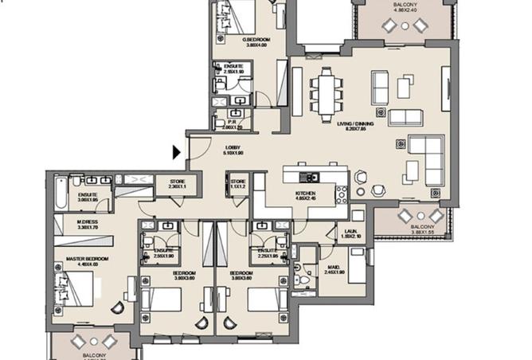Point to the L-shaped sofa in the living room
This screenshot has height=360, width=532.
[x=428, y=158]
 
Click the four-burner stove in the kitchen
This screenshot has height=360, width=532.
[x=342, y=194]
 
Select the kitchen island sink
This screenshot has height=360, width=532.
[x=307, y=176]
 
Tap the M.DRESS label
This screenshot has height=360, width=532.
[x=88, y=224]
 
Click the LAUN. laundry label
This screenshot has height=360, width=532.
[x=351, y=233]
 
